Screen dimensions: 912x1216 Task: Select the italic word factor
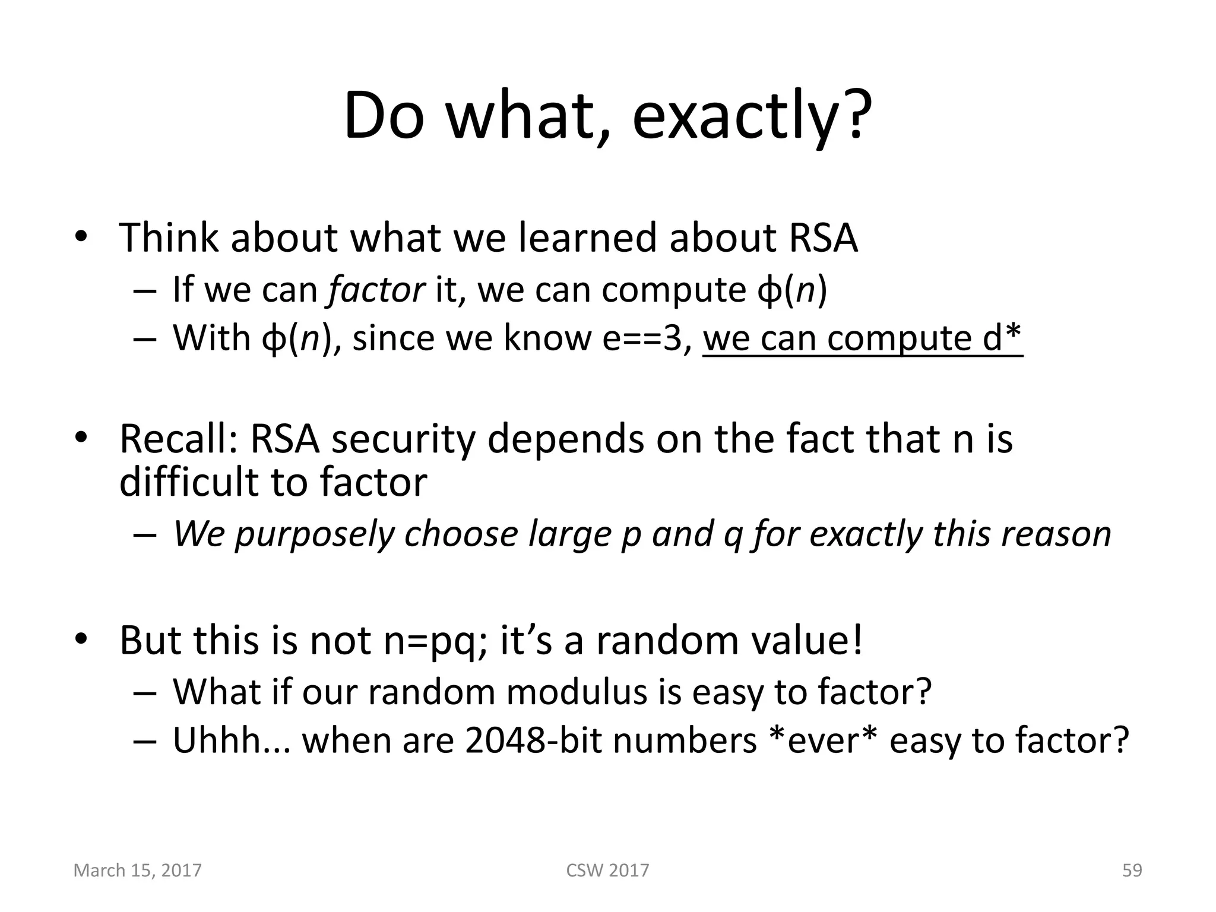(x=376, y=290)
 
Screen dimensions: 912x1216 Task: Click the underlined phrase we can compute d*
(x=862, y=338)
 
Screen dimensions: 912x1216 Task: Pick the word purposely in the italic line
(x=315, y=534)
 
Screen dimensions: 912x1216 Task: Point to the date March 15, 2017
(x=137, y=870)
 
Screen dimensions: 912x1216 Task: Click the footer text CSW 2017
(x=607, y=870)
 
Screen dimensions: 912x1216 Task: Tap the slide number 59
(x=1132, y=870)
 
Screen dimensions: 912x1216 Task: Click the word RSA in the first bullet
(x=823, y=238)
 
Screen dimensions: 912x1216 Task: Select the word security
(x=404, y=439)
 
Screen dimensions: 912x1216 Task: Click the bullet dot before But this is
(x=81, y=640)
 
